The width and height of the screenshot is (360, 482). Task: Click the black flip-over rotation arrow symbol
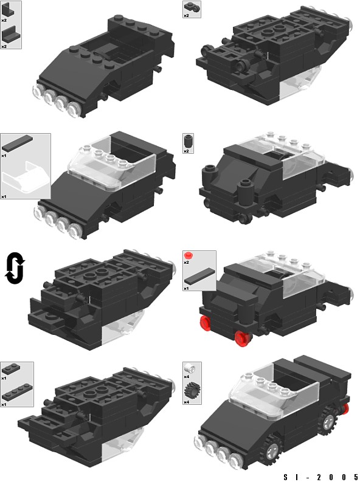(15, 268)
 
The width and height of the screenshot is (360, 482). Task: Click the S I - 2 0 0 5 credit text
(320, 477)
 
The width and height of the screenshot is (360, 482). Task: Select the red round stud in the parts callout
(188, 255)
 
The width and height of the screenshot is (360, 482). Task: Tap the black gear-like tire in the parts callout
(190, 391)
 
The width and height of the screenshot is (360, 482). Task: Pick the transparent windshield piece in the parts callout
(25, 177)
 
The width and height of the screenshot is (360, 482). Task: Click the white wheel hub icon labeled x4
(188, 368)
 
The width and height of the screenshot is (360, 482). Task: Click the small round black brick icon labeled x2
(187, 142)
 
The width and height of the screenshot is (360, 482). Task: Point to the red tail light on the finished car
(345, 408)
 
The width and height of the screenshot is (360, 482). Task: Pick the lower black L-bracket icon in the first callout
(9, 36)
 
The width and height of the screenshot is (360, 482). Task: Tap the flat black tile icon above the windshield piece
(17, 143)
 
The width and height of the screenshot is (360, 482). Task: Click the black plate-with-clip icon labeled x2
(192, 7)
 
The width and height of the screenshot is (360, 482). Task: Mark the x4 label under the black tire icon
(186, 402)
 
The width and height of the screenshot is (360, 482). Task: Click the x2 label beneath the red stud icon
(186, 262)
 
